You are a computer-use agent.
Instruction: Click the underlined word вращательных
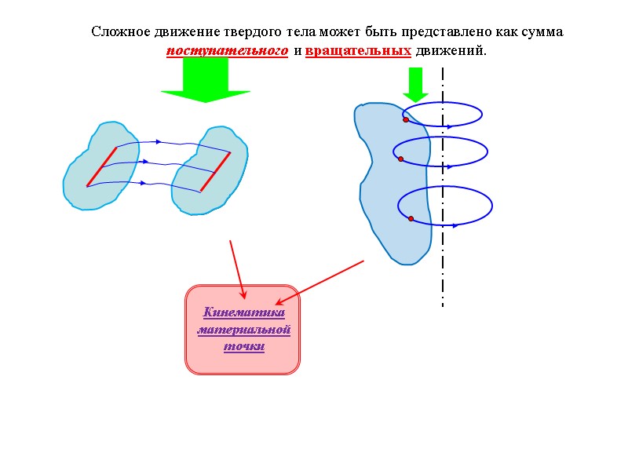[358, 51]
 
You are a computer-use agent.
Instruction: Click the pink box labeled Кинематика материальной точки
[243, 361]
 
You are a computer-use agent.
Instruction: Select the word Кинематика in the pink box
[243, 312]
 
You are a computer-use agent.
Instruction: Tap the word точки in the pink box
[243, 346]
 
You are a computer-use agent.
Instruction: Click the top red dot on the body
[406, 119]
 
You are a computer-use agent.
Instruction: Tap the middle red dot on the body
[400, 159]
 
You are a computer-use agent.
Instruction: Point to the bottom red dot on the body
[411, 219]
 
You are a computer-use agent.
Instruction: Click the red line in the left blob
[101, 166]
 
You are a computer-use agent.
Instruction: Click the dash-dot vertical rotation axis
[443, 267]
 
